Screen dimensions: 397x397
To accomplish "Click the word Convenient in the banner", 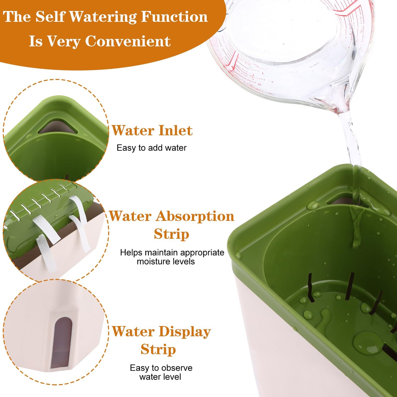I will pyautogui.click(x=128, y=41).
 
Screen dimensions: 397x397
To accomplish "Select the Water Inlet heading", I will pyautogui.click(x=152, y=131).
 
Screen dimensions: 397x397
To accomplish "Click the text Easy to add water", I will pyautogui.click(x=151, y=148).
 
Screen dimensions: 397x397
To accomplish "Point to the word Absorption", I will pyautogui.click(x=195, y=216).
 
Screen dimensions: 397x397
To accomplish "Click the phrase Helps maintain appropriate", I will pyautogui.click(x=172, y=252).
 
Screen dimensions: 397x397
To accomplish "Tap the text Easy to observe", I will pyautogui.click(x=161, y=368).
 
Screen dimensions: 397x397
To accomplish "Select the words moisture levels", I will pyautogui.click(x=166, y=261).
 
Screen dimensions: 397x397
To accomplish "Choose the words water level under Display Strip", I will pyautogui.click(x=160, y=377).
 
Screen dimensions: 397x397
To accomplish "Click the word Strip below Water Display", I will pyautogui.click(x=158, y=350).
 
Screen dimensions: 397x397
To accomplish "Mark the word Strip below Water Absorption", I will pyautogui.click(x=171, y=234).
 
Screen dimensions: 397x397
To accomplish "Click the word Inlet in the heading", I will pyautogui.click(x=176, y=131).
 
